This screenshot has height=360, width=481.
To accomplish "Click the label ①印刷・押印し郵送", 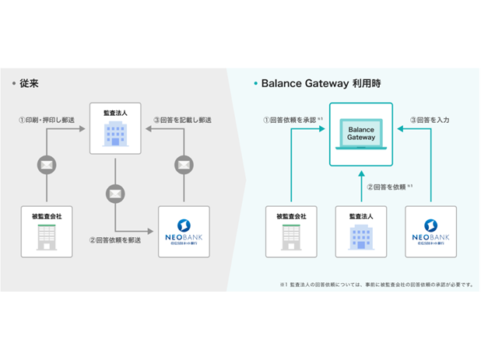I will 47,121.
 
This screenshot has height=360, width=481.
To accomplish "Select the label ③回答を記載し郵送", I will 183,121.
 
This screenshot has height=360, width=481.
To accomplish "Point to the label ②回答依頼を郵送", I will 115,239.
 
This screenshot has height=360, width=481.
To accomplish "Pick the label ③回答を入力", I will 430,121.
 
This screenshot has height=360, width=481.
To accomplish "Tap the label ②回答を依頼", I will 388,187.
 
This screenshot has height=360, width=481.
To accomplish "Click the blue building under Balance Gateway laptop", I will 360,236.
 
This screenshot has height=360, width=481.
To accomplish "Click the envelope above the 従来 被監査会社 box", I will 47,165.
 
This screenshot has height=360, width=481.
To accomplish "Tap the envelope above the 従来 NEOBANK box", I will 184,165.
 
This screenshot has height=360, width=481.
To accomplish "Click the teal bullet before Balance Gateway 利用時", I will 256,82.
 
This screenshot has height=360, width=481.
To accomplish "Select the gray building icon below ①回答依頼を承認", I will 292,236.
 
